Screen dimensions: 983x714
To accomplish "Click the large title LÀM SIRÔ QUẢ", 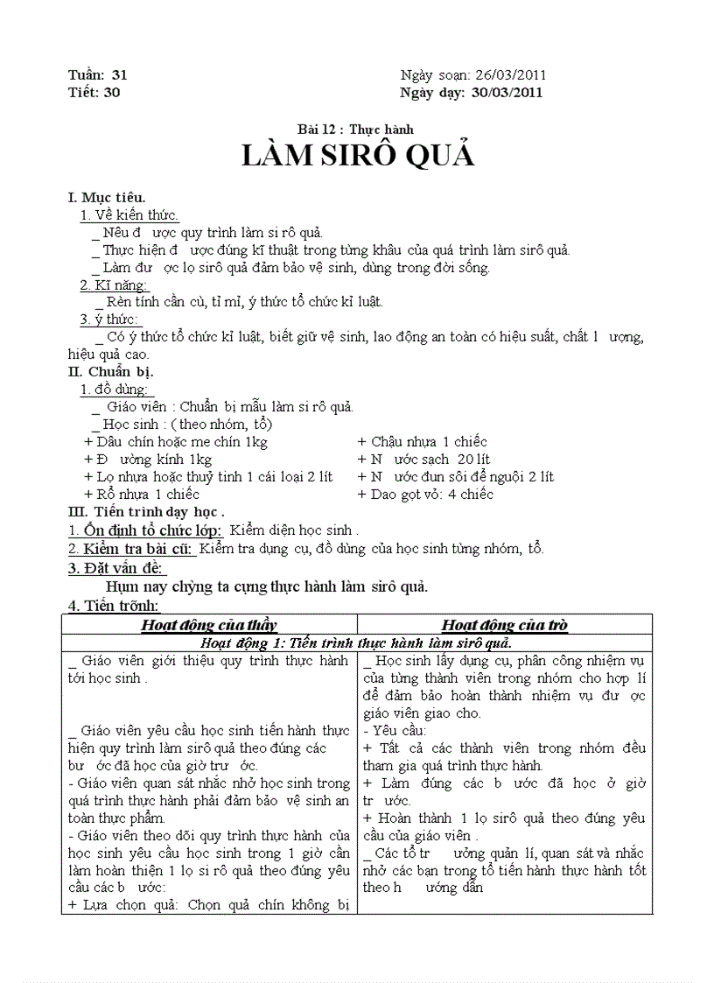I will (x=357, y=155).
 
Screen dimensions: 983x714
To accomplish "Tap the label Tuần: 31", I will (x=97, y=75).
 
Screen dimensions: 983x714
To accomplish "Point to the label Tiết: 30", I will (x=94, y=93).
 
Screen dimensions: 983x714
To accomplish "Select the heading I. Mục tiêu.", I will (x=107, y=197).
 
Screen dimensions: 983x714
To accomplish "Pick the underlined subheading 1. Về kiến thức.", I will (x=129, y=214).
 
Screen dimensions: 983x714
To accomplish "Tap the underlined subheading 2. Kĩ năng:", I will (x=115, y=284).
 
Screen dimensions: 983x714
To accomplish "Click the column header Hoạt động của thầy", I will (x=208, y=625).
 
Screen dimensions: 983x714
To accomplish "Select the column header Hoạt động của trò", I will (x=504, y=625).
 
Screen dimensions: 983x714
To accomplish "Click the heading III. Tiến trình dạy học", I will (x=146, y=512).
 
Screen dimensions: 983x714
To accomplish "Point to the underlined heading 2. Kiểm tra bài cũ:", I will (x=131, y=549).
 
